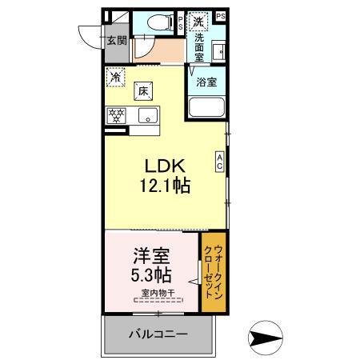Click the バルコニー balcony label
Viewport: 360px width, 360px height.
click(160, 332)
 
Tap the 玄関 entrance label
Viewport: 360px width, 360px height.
click(115, 41)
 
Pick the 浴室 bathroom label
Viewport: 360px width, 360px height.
click(206, 82)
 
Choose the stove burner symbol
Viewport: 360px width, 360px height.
click(117, 115)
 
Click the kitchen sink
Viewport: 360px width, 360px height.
click(147, 115)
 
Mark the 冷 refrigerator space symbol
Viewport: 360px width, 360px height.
click(117, 78)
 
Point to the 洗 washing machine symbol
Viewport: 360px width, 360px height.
click(197, 20)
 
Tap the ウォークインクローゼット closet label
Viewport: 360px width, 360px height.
click(212, 272)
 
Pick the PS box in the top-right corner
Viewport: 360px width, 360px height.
click(220, 16)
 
